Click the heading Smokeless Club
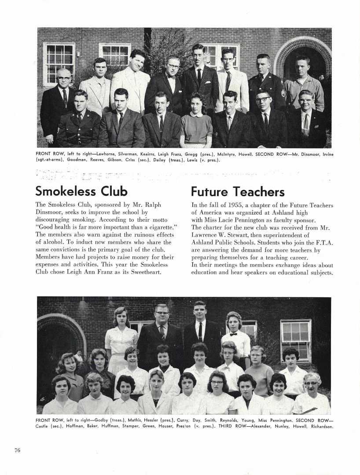[x=81, y=191]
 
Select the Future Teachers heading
[x=238, y=192]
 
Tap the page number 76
[x=17, y=449]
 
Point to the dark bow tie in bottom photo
[x=233, y=334]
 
